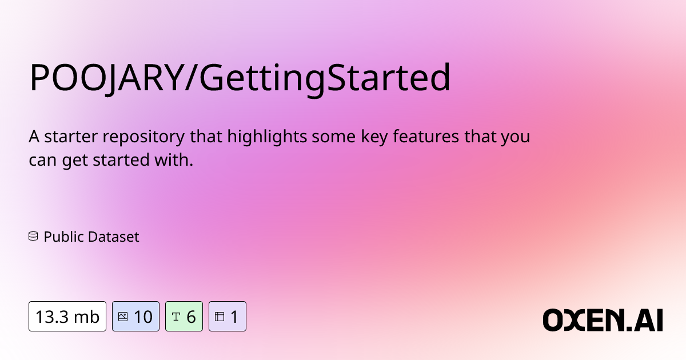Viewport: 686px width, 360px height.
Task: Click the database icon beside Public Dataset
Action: [33, 236]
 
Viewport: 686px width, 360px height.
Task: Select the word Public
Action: [61, 237]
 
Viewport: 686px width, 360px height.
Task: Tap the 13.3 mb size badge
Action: [67, 317]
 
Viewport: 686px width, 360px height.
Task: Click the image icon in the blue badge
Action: [122, 317]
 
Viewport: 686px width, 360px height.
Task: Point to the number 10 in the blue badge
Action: [143, 317]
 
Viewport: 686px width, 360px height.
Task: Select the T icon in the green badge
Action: [176, 317]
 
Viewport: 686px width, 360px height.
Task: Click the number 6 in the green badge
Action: [191, 317]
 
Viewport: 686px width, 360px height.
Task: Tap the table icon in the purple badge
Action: [220, 317]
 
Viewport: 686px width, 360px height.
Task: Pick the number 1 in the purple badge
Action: [234, 317]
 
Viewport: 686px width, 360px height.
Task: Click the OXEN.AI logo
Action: [602, 320]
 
